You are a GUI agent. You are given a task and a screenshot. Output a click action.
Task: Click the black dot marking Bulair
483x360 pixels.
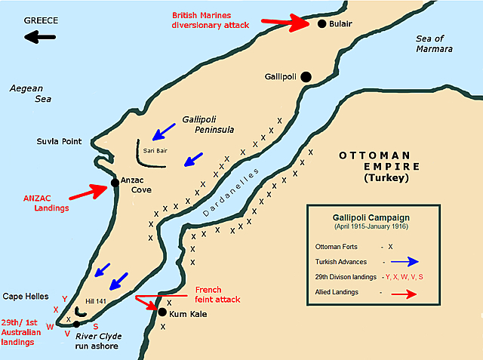coord(321,23)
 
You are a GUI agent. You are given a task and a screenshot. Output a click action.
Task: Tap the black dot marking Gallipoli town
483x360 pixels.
coord(306,76)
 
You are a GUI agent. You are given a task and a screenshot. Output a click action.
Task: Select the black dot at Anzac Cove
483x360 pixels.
coord(114,182)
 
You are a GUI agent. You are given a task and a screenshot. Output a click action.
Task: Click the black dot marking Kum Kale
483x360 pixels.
coord(161,310)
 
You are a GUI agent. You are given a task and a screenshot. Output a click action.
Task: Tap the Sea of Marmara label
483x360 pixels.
coord(433,44)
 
